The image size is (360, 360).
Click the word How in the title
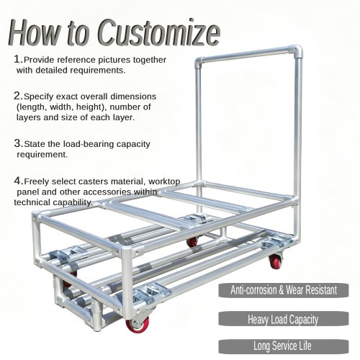coord(34,33)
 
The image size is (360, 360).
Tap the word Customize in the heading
coord(159,33)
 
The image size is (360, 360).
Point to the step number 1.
coord(18,59)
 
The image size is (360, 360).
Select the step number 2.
coord(18,96)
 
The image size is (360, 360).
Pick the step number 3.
coord(19,143)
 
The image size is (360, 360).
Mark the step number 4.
coord(19,181)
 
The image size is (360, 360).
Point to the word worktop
coord(164,181)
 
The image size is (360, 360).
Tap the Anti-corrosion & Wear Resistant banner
coord(284,290)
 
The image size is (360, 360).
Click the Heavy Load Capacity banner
coord(284,319)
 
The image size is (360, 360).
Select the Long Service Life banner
coord(284,346)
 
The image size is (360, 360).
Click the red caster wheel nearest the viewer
coord(138,324)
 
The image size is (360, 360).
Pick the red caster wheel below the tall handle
coord(276,261)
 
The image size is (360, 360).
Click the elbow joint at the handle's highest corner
coord(297,51)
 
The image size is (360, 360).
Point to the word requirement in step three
coord(42,155)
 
